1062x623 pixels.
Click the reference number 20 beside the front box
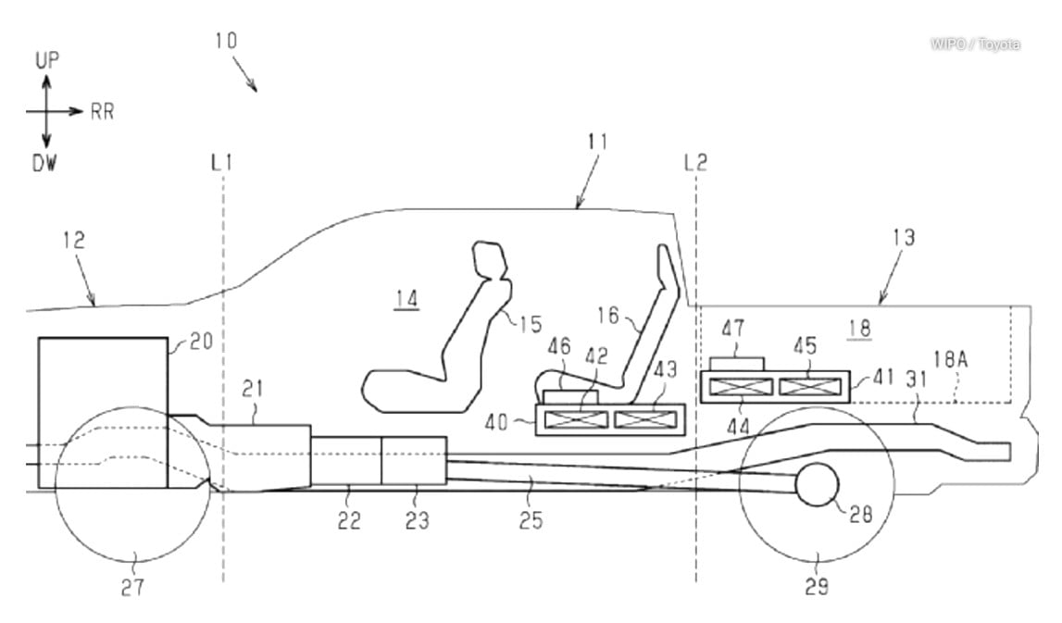(x=200, y=341)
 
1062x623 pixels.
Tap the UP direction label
(x=47, y=61)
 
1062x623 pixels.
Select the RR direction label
(x=102, y=112)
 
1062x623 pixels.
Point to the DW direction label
(x=44, y=163)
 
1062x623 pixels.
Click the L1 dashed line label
(x=221, y=163)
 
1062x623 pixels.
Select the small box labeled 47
(x=737, y=362)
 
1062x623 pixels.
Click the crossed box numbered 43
(x=646, y=419)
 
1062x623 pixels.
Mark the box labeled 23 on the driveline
(x=414, y=460)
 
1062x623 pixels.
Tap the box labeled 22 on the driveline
(x=345, y=460)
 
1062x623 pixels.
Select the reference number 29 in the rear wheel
(x=817, y=586)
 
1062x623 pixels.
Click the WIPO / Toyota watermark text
(x=976, y=44)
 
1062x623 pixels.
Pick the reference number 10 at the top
(x=225, y=41)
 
